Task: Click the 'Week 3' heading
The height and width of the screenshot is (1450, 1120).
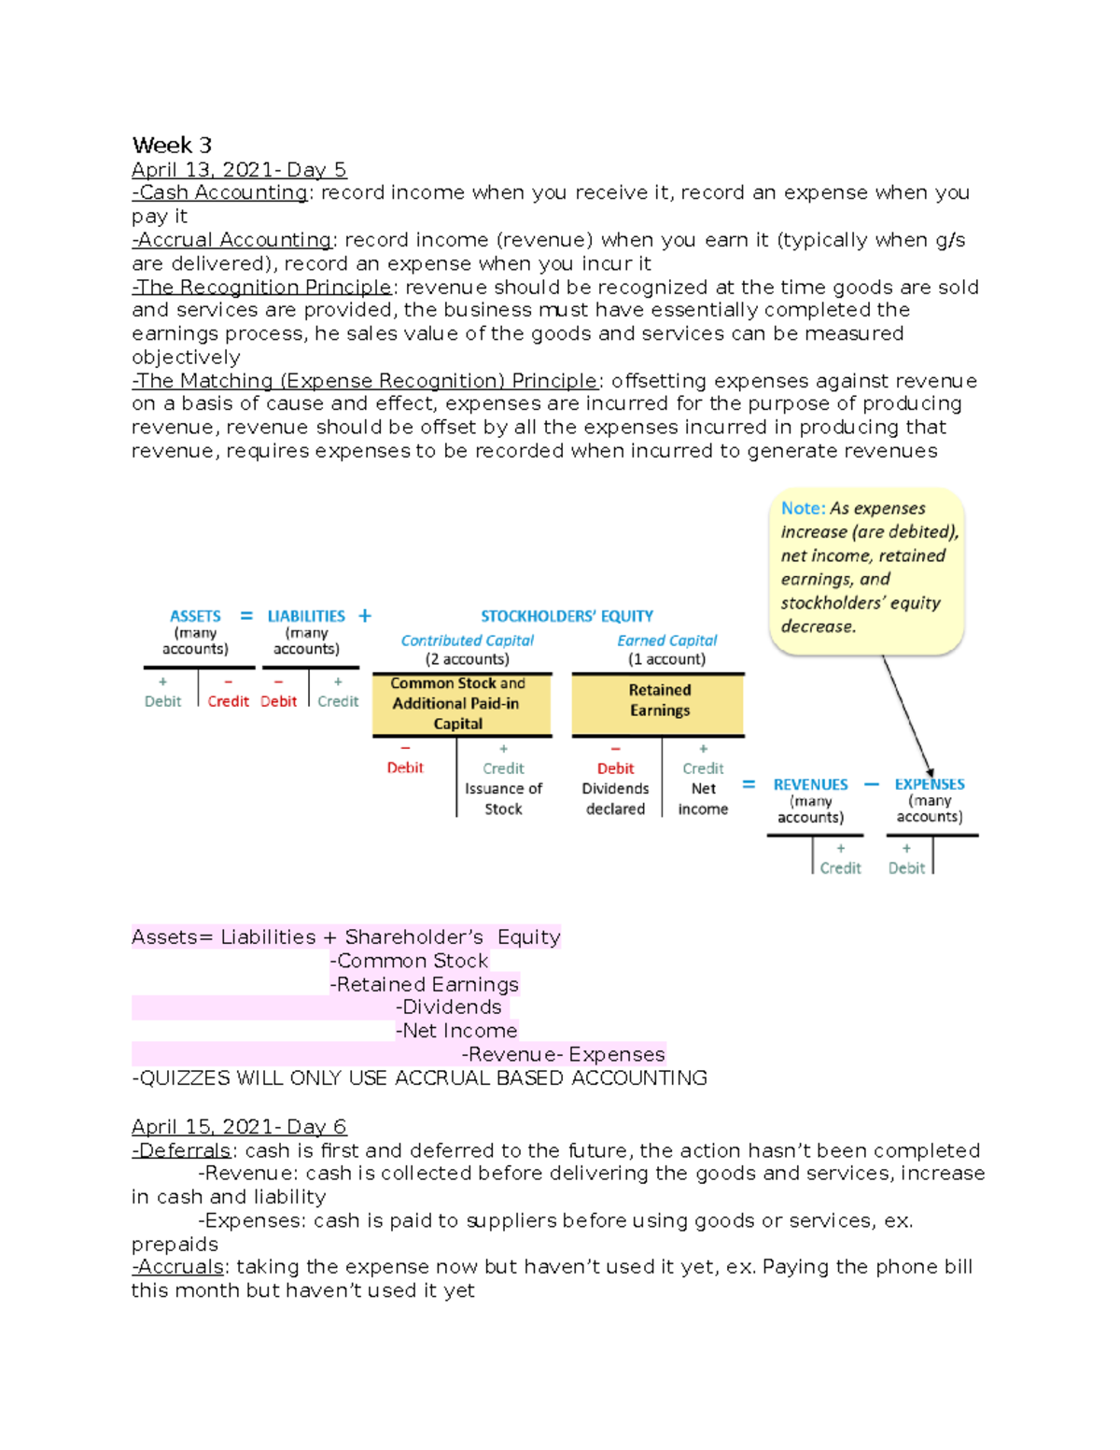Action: pos(172,146)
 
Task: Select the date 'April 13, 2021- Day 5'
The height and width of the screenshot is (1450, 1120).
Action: pos(239,170)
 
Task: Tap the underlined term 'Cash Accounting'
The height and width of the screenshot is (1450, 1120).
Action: pos(223,193)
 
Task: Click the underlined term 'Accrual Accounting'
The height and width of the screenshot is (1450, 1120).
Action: pos(234,240)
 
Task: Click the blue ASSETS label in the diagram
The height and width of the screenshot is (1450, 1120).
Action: pos(195,616)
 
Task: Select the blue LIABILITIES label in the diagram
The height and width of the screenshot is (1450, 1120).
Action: pos(306,616)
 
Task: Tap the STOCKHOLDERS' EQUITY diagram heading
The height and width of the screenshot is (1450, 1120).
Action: pos(567,616)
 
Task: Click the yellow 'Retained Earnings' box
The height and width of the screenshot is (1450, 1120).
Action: pos(659,700)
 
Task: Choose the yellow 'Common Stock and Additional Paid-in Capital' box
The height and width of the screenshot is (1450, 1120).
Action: pos(457,703)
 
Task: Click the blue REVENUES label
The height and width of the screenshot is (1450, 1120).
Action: pos(810,785)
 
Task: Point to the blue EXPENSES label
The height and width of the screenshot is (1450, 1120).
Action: pos(930,784)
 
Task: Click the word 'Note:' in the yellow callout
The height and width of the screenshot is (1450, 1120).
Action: pos(803,509)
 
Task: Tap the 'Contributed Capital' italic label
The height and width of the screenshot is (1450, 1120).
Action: pos(467,641)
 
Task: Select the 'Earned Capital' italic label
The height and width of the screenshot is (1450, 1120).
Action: pos(666,641)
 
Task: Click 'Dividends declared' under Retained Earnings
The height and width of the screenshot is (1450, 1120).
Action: pos(615,799)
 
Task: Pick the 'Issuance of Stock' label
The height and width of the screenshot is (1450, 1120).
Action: pos(503,799)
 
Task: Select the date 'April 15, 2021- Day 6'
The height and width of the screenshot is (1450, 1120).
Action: pos(239,1127)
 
